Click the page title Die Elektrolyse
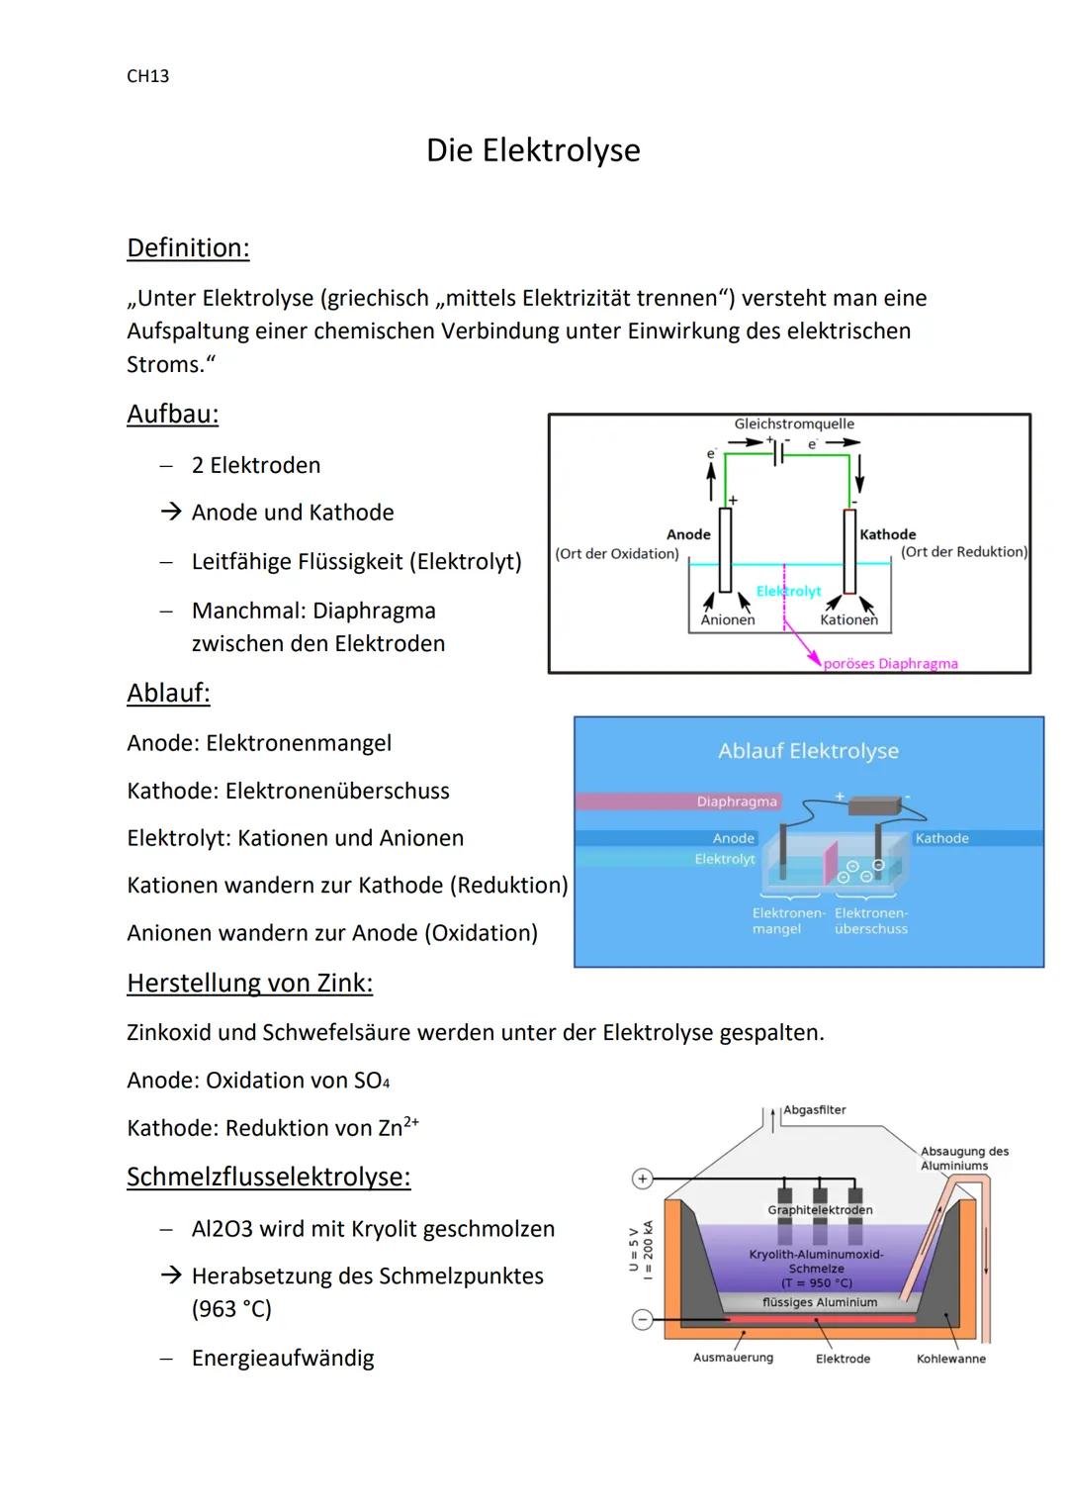(x=533, y=150)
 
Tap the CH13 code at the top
(x=148, y=76)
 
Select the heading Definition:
(x=188, y=247)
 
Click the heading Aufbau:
(x=173, y=414)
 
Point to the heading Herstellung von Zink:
(x=249, y=983)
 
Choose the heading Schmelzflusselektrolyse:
(x=268, y=1177)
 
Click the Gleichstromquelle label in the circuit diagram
(x=794, y=424)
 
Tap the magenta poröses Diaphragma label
(x=890, y=664)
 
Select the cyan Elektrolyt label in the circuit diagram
(x=788, y=591)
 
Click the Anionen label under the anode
(x=728, y=619)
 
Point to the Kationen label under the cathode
(x=848, y=619)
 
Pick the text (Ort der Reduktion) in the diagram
(x=964, y=552)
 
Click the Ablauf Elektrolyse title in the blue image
(x=808, y=751)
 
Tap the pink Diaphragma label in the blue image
(x=737, y=802)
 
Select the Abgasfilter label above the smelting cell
(x=815, y=1110)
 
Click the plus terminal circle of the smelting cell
(x=643, y=1179)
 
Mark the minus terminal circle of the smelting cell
(x=643, y=1319)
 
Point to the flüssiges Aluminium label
(x=820, y=1302)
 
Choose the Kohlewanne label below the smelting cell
(x=950, y=1359)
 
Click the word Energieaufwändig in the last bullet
(x=283, y=1358)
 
